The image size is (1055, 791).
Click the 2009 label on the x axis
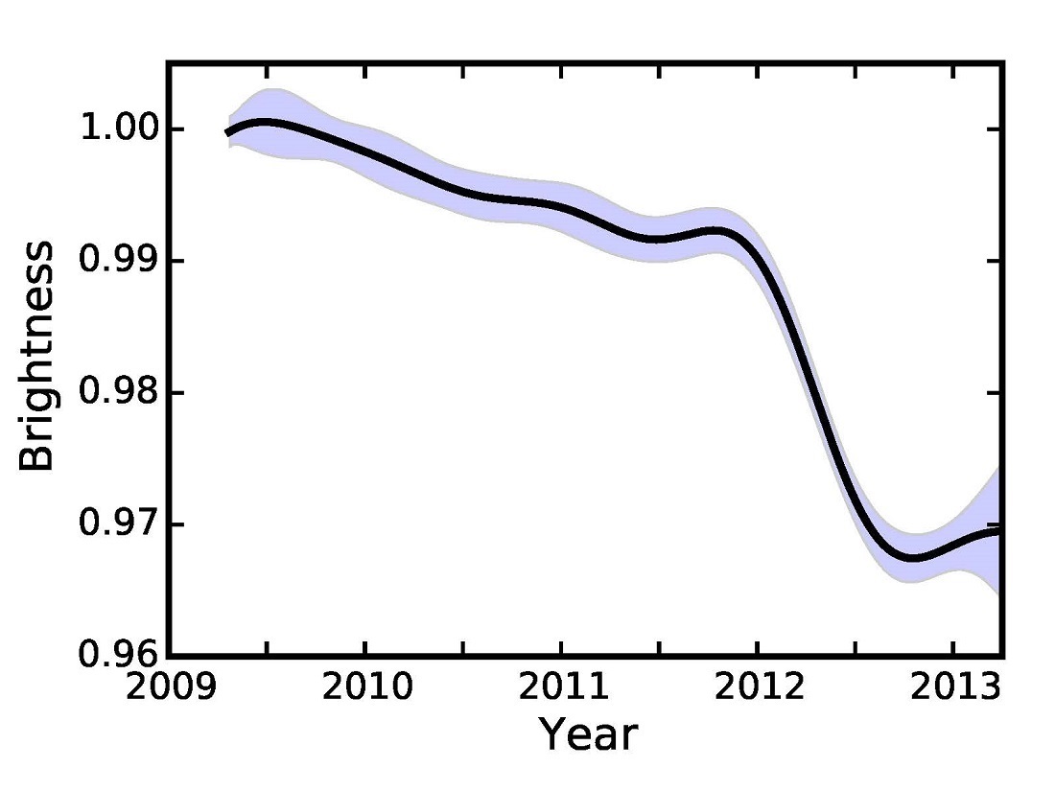(169, 686)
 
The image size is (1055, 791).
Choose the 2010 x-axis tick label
(364, 686)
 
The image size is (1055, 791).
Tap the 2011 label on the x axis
(560, 686)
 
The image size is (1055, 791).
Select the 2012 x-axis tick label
(756, 686)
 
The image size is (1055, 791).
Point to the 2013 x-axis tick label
(951, 686)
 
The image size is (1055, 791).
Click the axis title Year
(587, 735)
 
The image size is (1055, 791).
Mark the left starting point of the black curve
(227, 132)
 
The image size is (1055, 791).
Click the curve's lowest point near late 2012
(913, 557)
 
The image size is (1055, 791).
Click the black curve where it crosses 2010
(364, 151)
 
